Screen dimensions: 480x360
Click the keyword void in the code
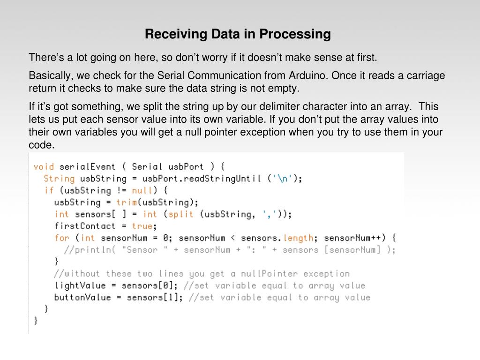[x=44, y=166]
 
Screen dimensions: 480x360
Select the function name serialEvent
[x=87, y=166]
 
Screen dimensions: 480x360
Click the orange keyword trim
[x=126, y=202]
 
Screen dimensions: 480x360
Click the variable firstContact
[x=85, y=226]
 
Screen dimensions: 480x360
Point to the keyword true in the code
[x=142, y=226]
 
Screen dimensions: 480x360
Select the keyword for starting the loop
[x=62, y=238]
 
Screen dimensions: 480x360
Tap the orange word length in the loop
[x=299, y=238]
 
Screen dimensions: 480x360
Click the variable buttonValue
[x=82, y=297]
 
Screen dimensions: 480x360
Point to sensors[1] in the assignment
[x=152, y=297]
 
